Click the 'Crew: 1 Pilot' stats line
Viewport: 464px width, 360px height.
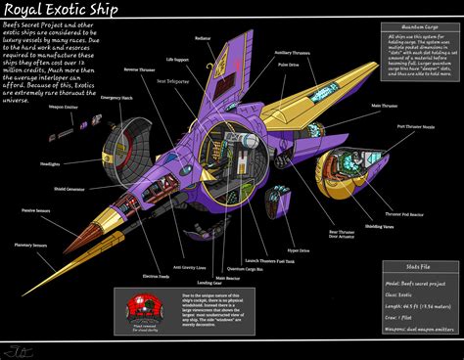click(404, 319)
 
